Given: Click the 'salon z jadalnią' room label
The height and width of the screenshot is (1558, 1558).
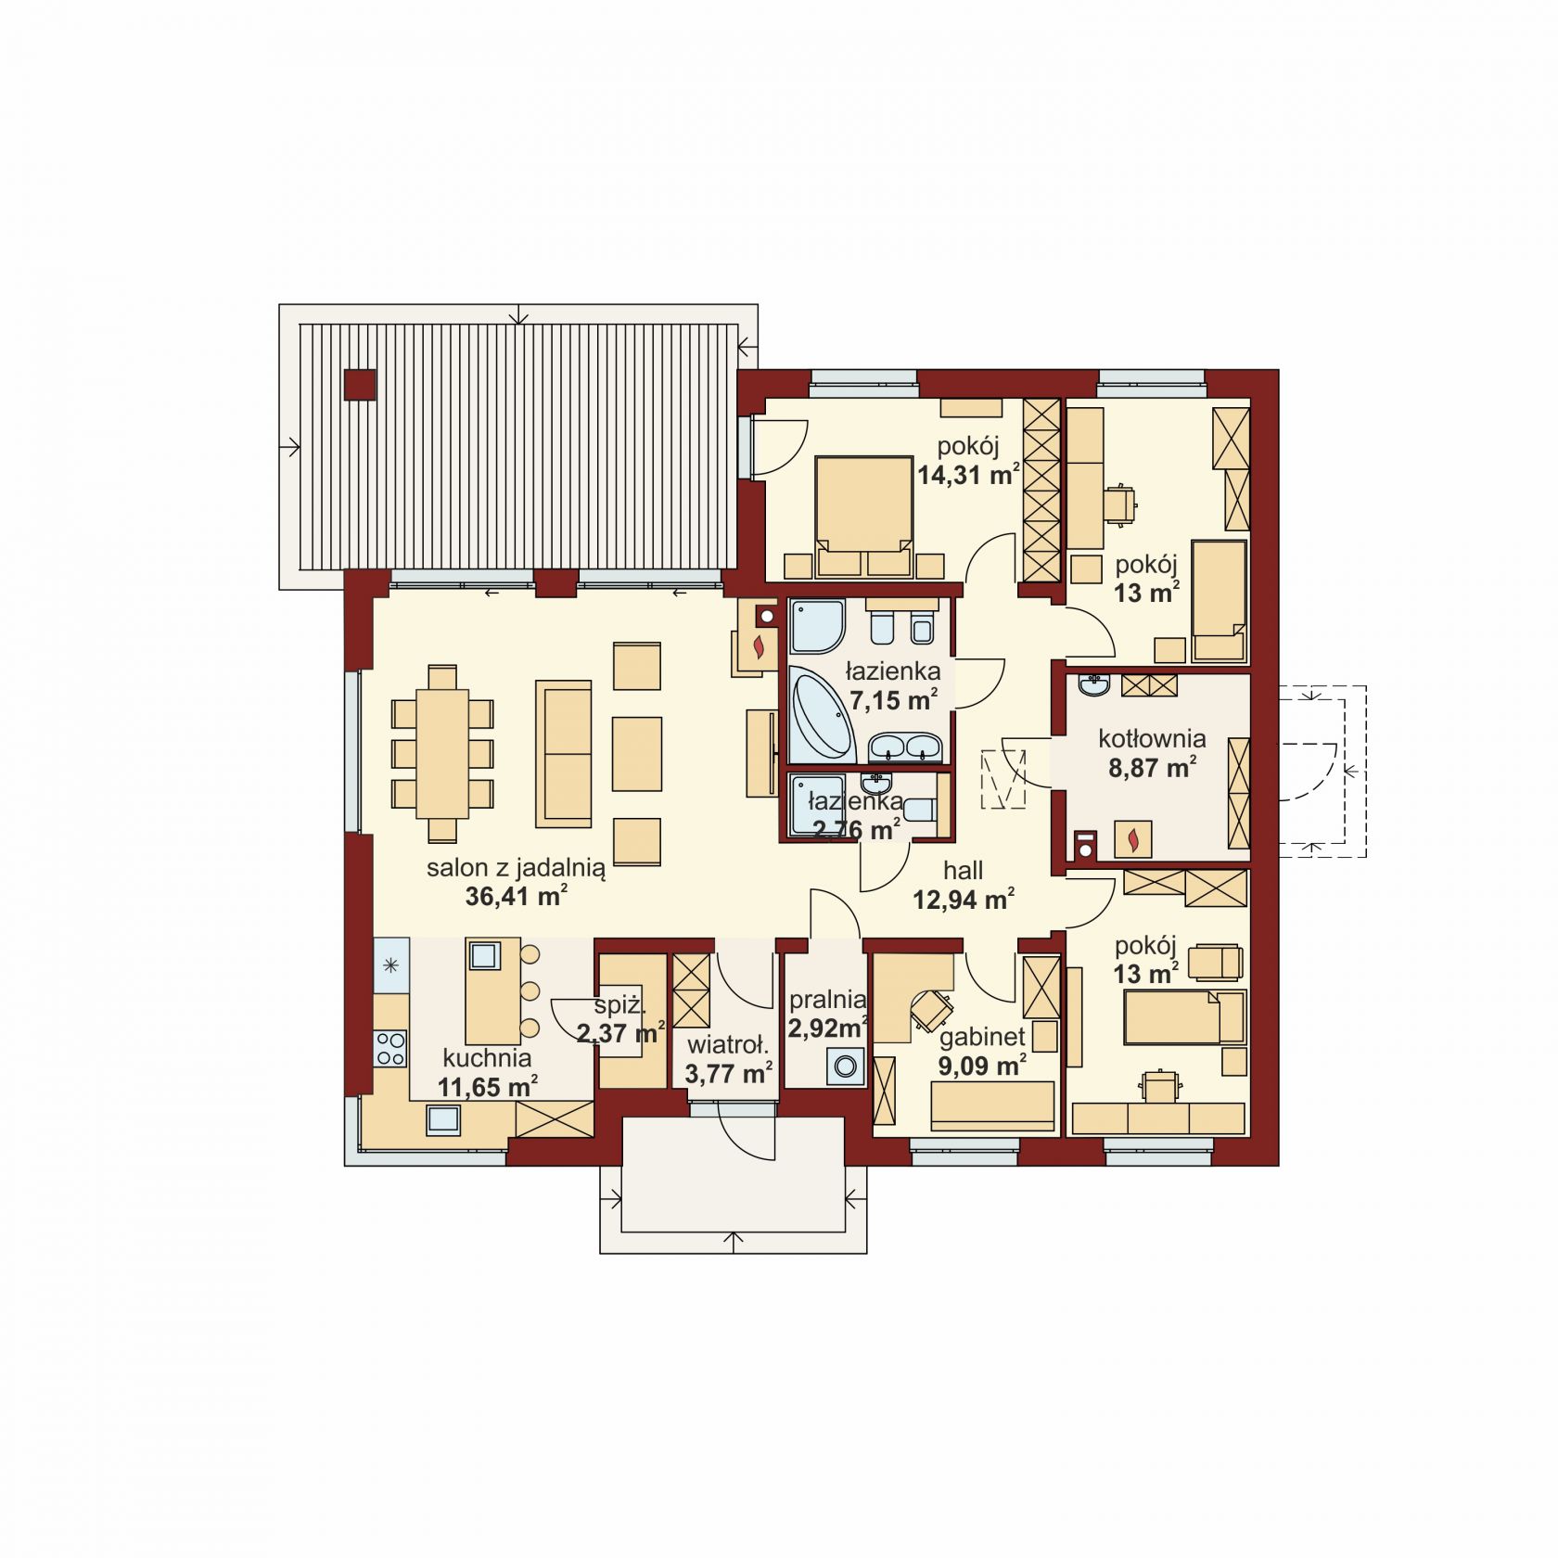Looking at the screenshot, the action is tap(516, 869).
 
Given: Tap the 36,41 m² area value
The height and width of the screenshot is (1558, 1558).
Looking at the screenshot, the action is tap(517, 897).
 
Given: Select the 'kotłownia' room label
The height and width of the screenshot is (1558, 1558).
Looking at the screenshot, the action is tap(1152, 739).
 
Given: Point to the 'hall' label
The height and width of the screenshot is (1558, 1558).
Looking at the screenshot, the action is tap(964, 871).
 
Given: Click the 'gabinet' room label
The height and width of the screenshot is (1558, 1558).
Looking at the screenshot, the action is tap(982, 1037).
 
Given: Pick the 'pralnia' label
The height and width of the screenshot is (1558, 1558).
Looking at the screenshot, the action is tap(827, 1000).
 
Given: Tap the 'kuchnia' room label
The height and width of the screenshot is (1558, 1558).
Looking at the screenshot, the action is tap(487, 1058).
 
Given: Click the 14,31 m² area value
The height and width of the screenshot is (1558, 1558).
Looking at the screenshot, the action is tap(969, 476).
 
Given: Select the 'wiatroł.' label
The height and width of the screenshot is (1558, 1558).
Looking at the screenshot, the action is tap(728, 1046).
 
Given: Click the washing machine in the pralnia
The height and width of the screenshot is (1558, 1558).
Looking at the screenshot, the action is tap(846, 1066).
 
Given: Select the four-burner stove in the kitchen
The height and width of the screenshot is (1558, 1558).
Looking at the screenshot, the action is tap(390, 1047).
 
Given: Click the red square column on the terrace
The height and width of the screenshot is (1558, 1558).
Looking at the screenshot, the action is tap(360, 385).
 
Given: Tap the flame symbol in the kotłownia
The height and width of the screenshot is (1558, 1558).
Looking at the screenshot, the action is tap(1132, 840).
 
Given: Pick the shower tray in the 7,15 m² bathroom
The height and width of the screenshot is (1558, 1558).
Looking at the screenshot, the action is tap(817, 626).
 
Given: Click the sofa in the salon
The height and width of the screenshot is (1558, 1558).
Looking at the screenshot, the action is tap(563, 754).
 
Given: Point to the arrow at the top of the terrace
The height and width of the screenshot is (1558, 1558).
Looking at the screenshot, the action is tap(519, 314).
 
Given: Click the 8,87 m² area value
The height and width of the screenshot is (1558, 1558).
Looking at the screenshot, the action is tap(1152, 768).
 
